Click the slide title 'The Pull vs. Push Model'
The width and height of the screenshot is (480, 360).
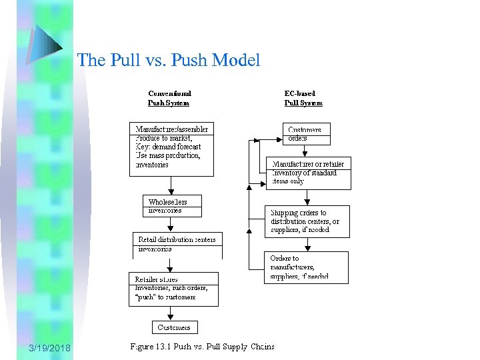point(168,61)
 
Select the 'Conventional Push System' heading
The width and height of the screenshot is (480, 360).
point(169,98)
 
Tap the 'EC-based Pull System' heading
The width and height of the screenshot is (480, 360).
point(303,98)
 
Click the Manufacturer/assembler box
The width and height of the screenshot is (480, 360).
point(171,149)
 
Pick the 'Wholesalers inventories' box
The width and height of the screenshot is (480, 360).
point(172,205)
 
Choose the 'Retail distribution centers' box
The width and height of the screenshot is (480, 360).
point(177,245)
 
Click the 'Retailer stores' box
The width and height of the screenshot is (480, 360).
point(173,288)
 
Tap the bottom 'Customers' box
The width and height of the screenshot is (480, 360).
point(174,327)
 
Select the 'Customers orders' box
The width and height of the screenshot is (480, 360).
point(306,134)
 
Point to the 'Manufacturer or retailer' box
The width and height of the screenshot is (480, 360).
point(307,173)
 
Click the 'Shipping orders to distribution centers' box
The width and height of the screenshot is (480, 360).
point(306,221)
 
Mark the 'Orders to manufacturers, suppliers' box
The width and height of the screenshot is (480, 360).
point(306,267)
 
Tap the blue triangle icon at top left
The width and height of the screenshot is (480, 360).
point(46,43)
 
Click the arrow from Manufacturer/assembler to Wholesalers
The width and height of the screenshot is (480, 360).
point(171,185)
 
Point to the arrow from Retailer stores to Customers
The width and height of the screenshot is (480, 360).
point(173,313)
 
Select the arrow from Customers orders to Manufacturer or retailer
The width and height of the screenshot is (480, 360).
point(306,151)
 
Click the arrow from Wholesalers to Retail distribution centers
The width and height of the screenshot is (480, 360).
point(172,224)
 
